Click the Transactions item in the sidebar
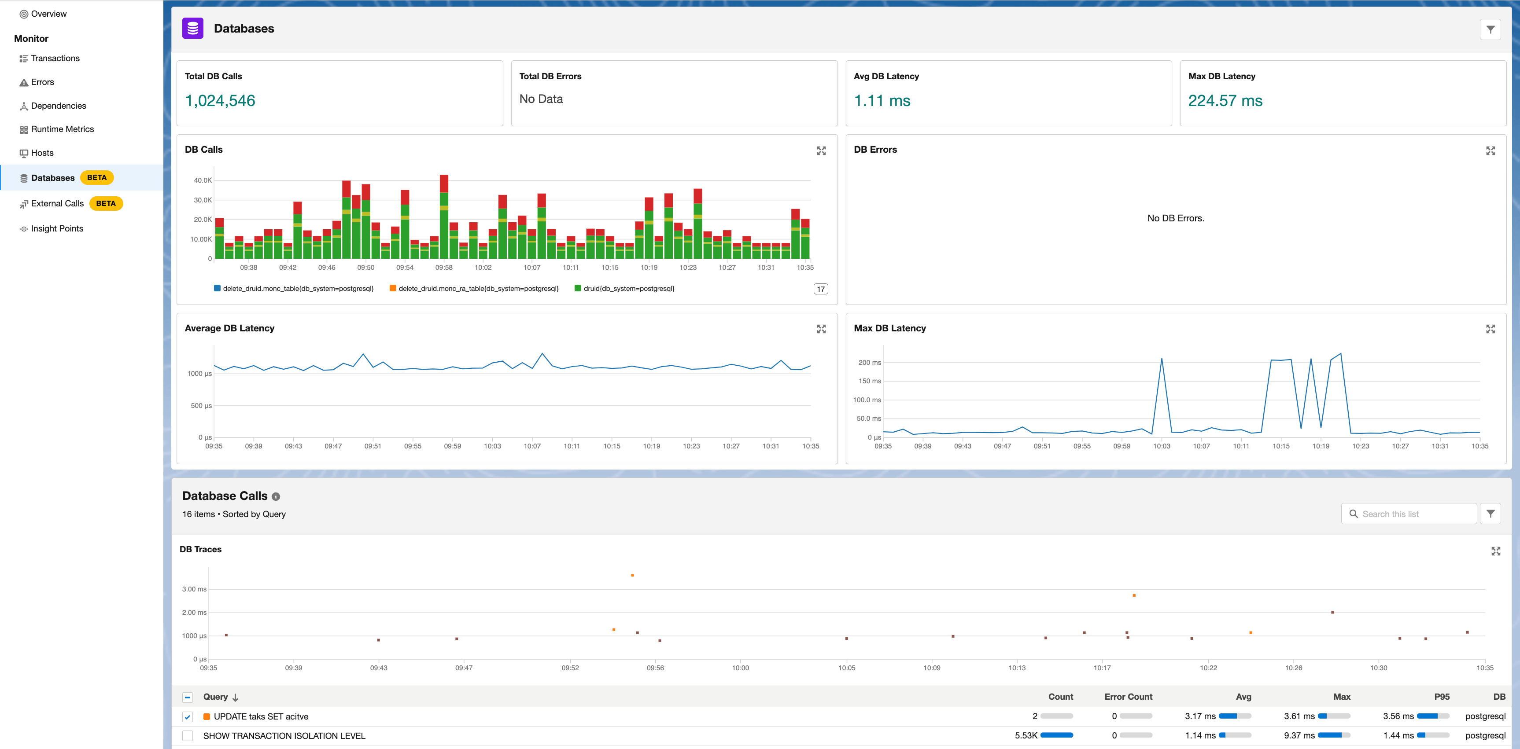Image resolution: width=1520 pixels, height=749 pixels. coord(55,59)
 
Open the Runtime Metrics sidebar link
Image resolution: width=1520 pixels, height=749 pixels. coord(62,129)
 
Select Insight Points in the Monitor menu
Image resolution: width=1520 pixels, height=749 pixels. coord(57,229)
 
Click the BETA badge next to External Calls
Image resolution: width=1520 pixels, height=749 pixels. coord(106,203)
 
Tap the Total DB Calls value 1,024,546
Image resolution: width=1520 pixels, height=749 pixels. coord(220,101)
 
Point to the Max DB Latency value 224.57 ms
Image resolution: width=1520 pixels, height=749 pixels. coord(1225,101)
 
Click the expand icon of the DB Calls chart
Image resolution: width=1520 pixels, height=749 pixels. coord(821,151)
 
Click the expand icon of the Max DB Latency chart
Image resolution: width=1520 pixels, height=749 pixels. coord(1490,329)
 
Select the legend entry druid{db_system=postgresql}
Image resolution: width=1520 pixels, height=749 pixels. coord(628,288)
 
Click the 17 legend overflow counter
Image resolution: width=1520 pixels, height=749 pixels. coord(820,289)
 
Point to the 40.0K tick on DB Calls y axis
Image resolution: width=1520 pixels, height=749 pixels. coord(203,180)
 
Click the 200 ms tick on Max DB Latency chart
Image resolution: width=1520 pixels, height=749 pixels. coord(869,363)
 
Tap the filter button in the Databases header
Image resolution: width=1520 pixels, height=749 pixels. coord(1490,29)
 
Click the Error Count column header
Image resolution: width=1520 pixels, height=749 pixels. coord(1128,697)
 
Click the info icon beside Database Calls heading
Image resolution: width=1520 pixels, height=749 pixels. coord(276,496)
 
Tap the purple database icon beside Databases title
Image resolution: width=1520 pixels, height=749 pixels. coord(193,28)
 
